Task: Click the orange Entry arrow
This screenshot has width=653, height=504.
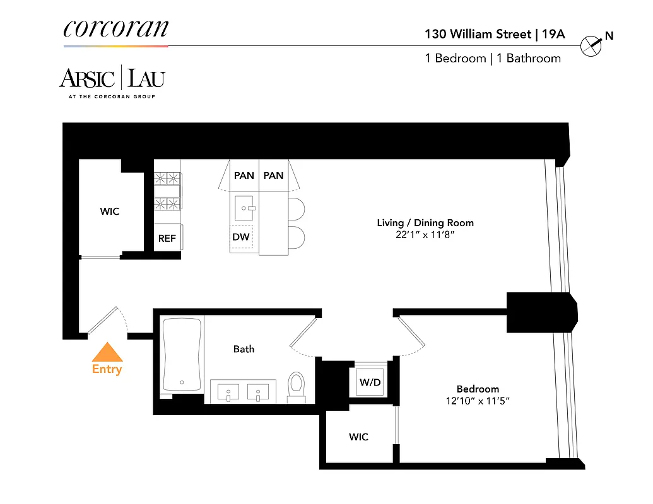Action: tap(107, 352)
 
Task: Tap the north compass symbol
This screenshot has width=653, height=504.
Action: tap(591, 45)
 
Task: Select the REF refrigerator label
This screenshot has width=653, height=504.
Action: tap(167, 239)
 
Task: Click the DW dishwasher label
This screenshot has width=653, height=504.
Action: tap(241, 237)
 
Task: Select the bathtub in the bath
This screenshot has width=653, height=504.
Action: tap(182, 354)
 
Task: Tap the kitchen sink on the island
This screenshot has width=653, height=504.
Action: tap(244, 206)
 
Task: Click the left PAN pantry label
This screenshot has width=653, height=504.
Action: tap(244, 175)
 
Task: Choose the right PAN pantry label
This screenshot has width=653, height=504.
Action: tap(273, 175)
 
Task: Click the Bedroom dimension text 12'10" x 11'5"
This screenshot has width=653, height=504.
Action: tap(478, 401)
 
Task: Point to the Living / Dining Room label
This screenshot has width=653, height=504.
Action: tap(425, 223)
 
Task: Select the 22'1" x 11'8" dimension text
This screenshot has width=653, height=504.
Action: tap(425, 235)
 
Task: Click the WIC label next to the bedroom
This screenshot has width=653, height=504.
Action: tap(358, 437)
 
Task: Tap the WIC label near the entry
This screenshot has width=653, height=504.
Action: tap(109, 212)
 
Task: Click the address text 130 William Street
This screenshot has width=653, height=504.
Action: tap(478, 33)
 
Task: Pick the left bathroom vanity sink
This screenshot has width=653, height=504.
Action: tap(228, 391)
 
